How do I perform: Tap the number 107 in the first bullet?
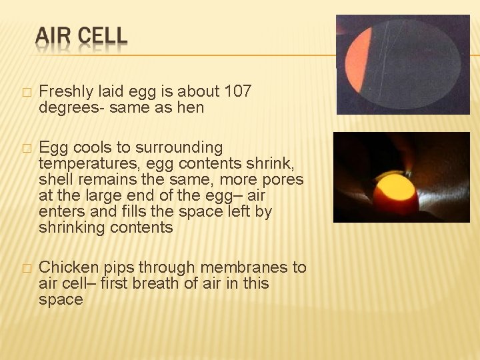pyautogui.click(x=239, y=91)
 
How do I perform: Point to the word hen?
pyautogui.click(x=191, y=107)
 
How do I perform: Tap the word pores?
pyautogui.click(x=284, y=179)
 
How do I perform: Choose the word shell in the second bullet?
pyautogui.click(x=54, y=179)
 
